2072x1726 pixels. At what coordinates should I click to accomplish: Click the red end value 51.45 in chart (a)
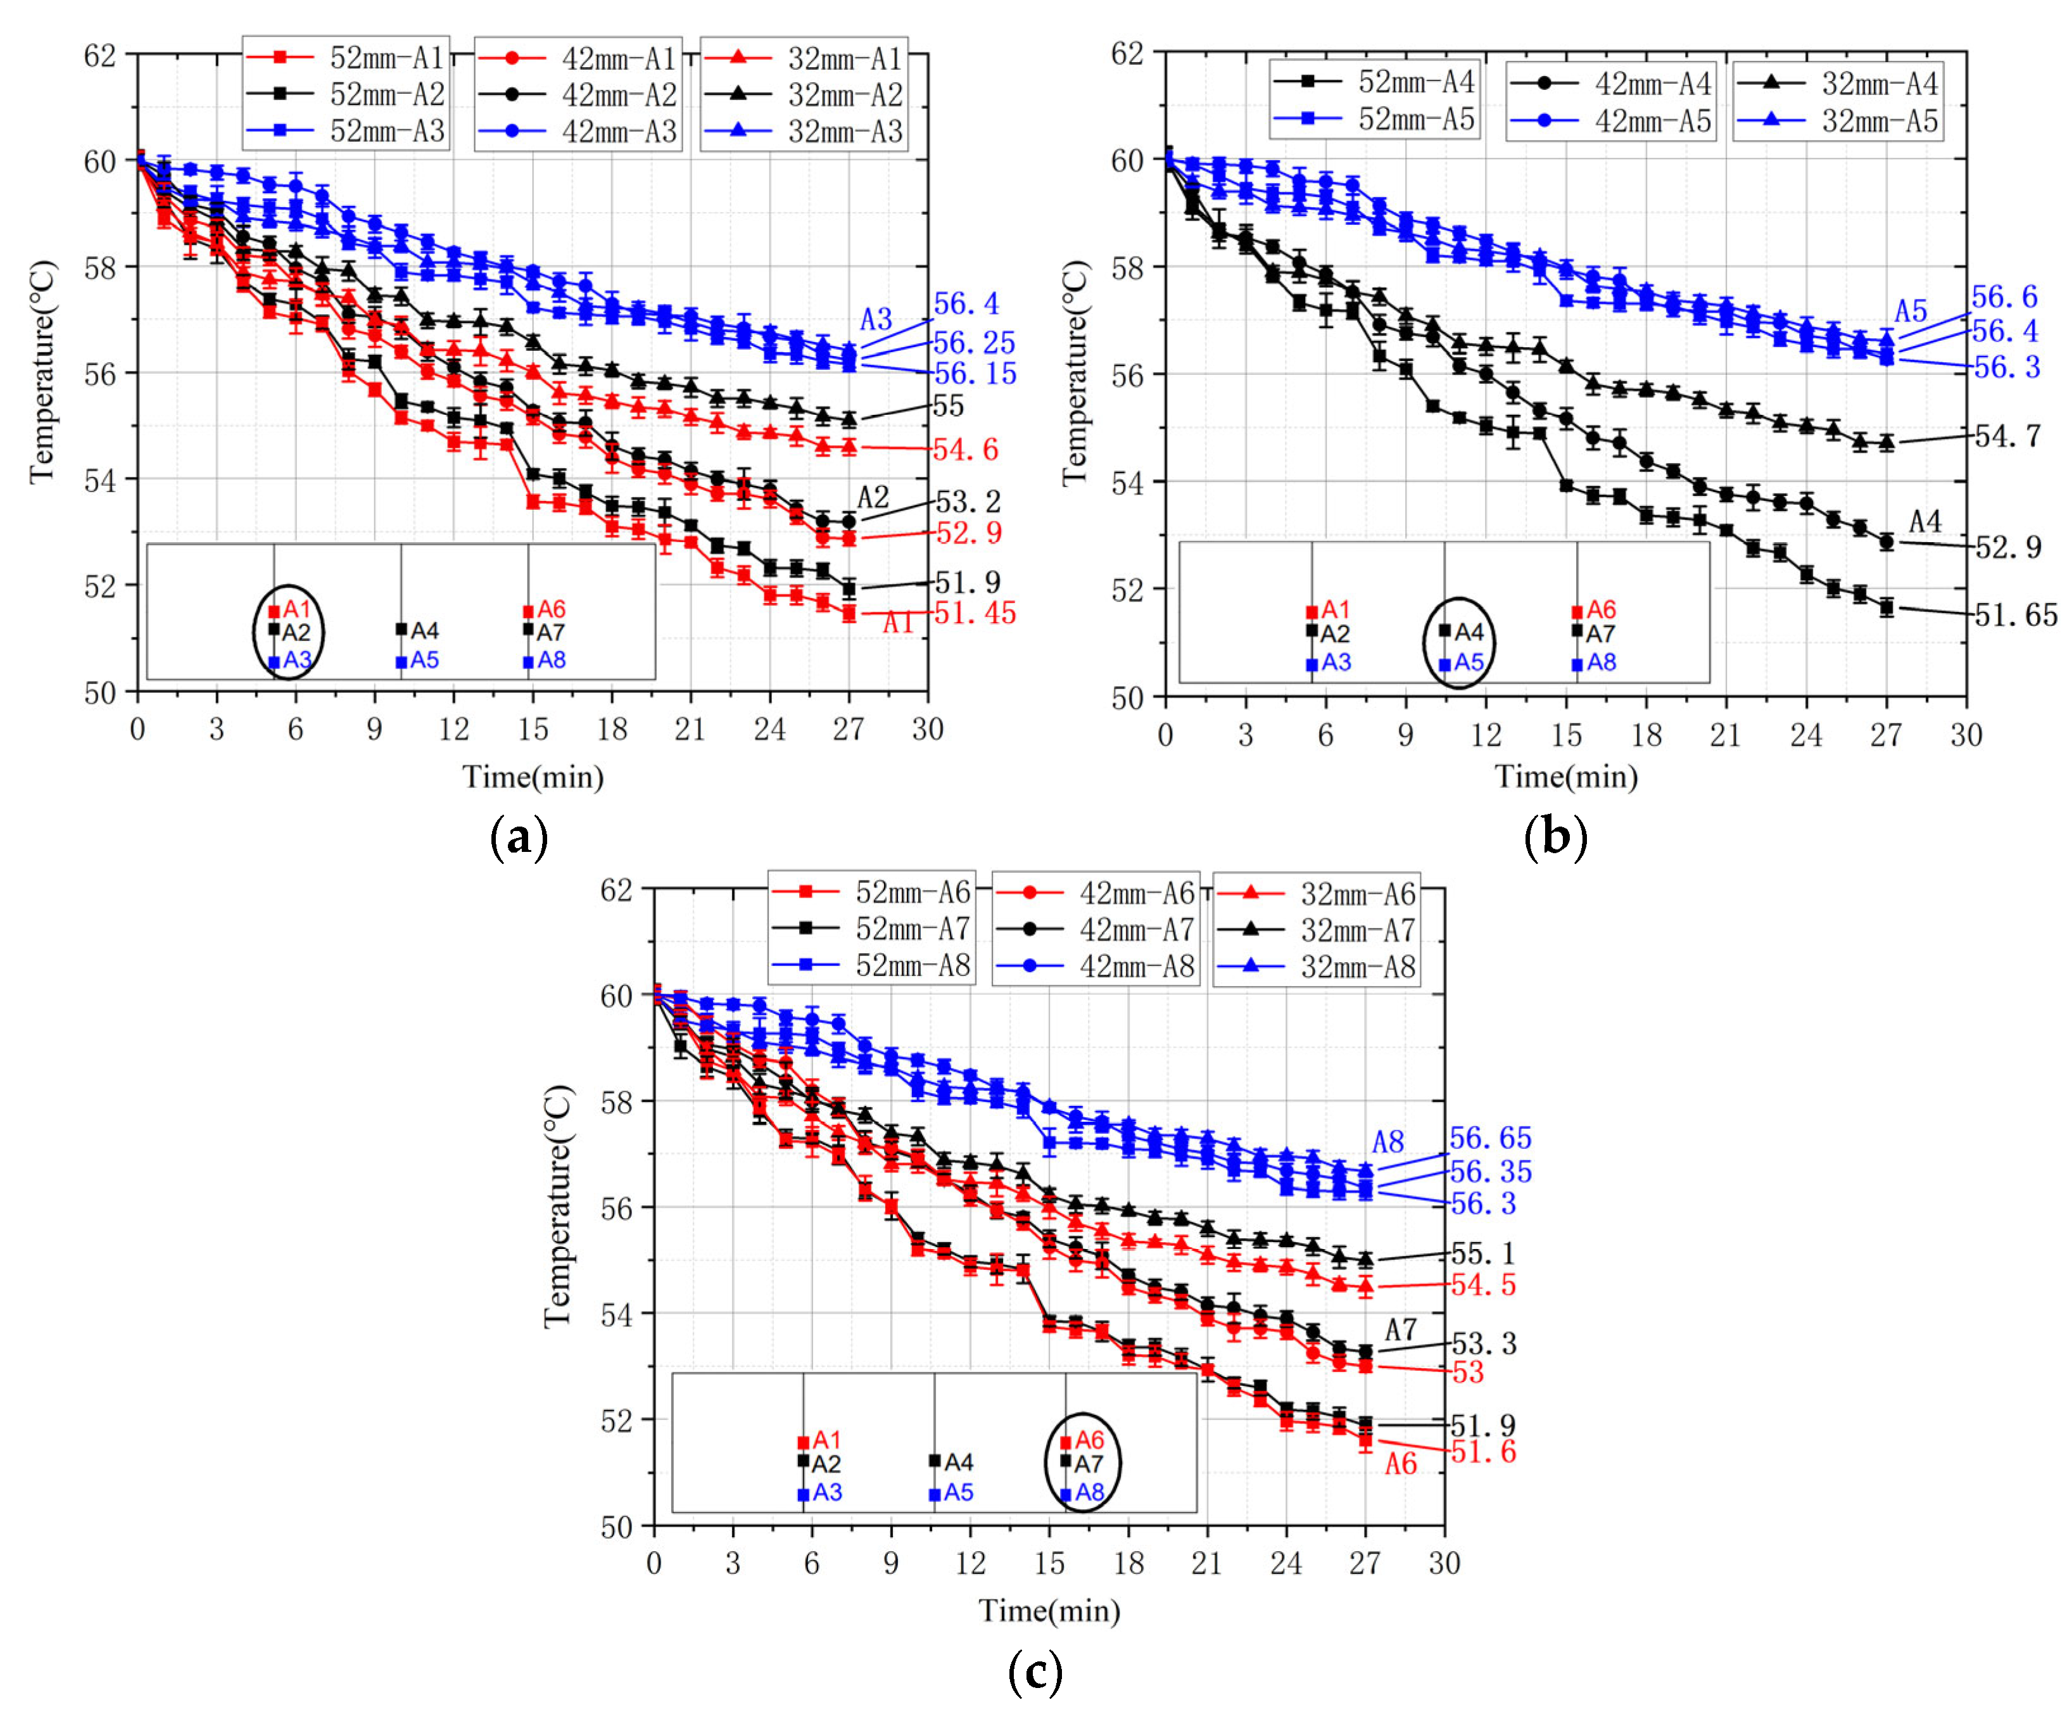point(974,613)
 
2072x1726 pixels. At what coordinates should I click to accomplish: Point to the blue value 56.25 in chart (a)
point(974,343)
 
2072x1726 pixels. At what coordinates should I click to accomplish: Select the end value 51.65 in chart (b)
point(2016,616)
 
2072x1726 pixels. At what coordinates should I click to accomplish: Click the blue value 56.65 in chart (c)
point(1490,1138)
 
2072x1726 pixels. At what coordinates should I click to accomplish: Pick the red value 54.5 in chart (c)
point(1483,1285)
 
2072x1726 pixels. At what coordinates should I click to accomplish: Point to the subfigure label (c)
point(1035,1672)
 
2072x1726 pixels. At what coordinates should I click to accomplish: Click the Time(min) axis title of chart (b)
point(1566,777)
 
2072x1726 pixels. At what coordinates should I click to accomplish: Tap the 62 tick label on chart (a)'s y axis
point(99,55)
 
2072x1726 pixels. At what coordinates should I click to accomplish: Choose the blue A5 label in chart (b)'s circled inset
point(1468,662)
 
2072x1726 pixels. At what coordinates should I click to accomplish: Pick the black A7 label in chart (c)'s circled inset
point(1087,1464)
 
